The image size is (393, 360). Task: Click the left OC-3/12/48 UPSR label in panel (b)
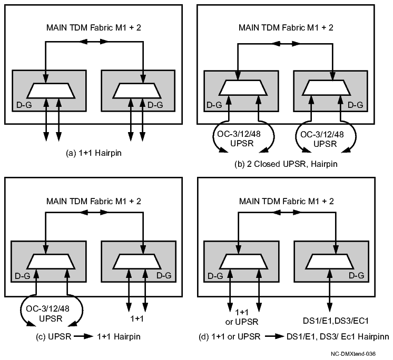click(x=243, y=138)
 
